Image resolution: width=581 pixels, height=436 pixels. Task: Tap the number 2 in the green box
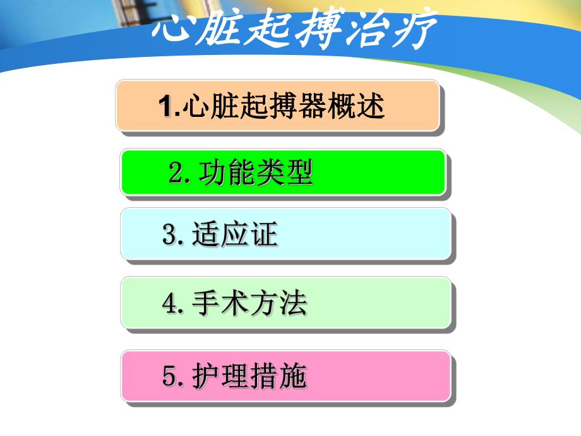176,173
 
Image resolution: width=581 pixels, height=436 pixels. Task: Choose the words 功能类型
256,173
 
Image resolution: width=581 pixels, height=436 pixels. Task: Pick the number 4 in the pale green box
170,304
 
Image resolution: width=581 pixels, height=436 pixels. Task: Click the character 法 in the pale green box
293,304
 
